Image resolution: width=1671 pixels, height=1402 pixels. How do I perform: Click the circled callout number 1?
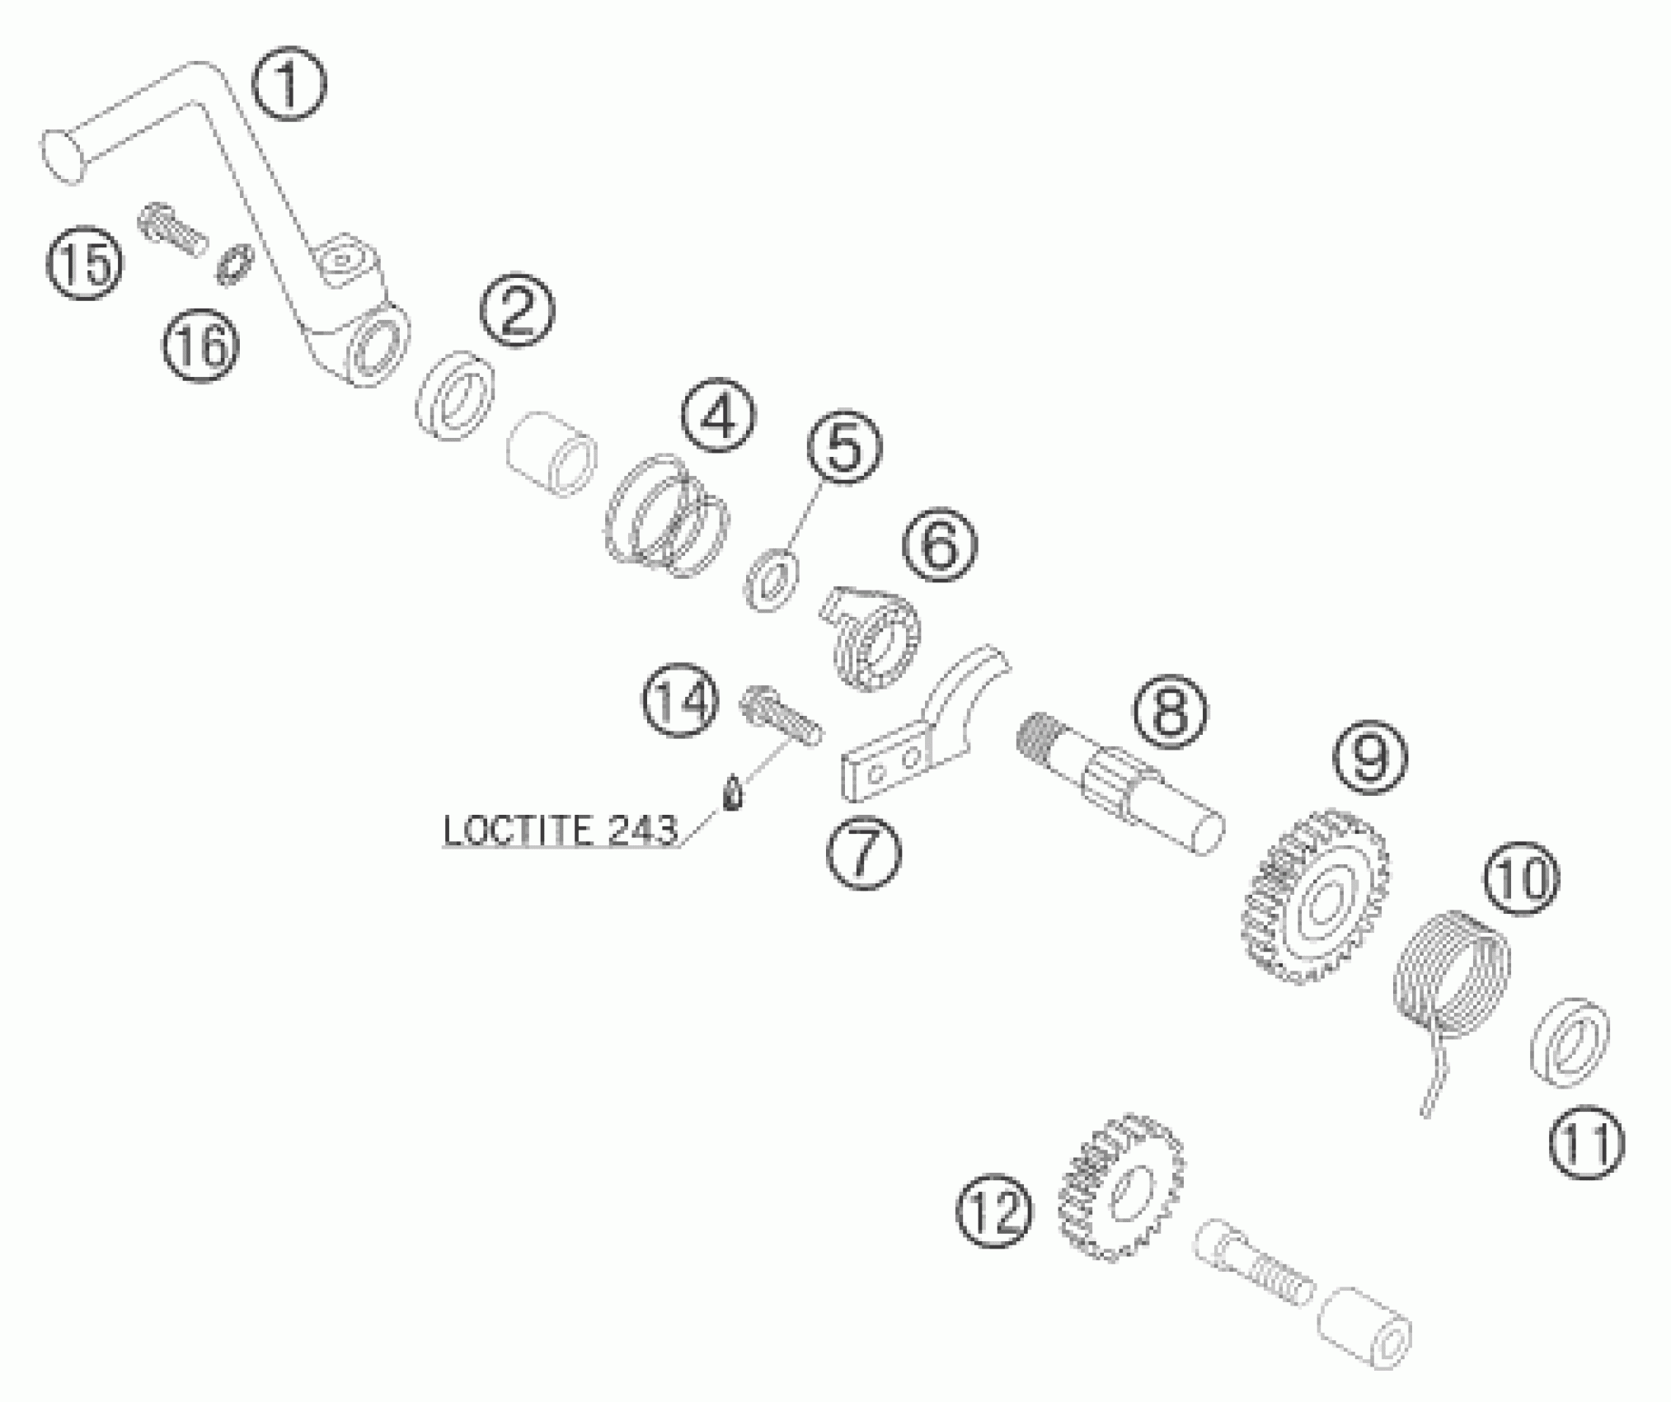(x=289, y=83)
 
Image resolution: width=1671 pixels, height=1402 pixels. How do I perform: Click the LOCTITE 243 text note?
(x=561, y=830)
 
